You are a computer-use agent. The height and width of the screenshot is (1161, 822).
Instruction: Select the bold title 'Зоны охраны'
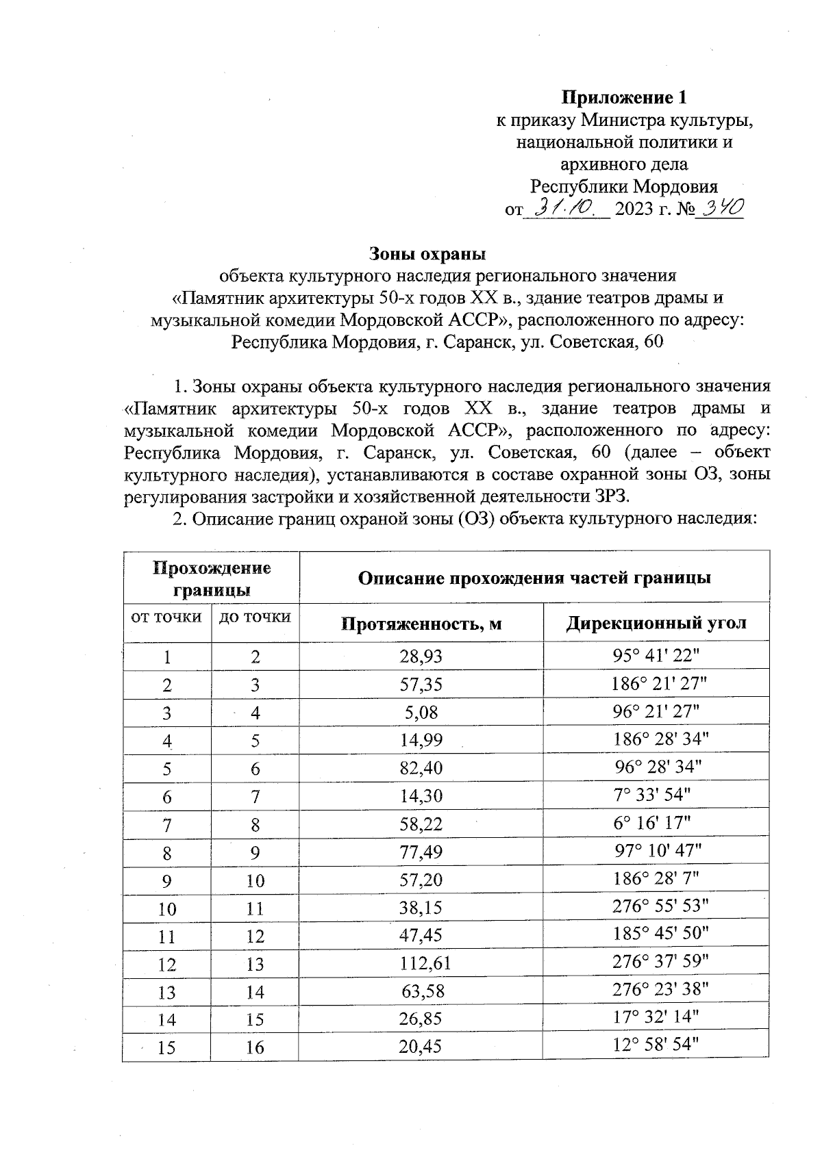pos(427,253)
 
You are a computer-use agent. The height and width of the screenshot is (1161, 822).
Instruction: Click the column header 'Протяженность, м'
pos(421,624)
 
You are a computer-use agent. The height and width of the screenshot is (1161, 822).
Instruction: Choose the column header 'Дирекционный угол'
pos(656,623)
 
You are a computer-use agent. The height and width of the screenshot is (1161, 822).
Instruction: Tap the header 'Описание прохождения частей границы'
pos(534,578)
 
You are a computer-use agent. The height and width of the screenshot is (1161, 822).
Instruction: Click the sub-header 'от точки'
pos(166,617)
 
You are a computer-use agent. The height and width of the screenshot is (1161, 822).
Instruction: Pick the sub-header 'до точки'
pos(255,617)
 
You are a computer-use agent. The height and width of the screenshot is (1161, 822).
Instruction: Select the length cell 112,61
pos(425,964)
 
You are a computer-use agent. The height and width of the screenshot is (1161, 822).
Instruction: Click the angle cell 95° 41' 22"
pos(656,655)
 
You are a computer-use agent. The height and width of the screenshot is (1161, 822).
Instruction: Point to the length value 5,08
pos(421,713)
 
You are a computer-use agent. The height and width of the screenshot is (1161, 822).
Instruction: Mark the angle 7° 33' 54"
pos(652,795)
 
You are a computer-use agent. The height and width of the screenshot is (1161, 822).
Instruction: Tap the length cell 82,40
pos(421,768)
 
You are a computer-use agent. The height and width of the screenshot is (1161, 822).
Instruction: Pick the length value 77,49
pos(421,852)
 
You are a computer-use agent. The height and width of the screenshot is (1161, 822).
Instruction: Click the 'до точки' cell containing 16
pos(255,1047)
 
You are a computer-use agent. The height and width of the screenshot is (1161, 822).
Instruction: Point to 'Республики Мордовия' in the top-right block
pos(624,187)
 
